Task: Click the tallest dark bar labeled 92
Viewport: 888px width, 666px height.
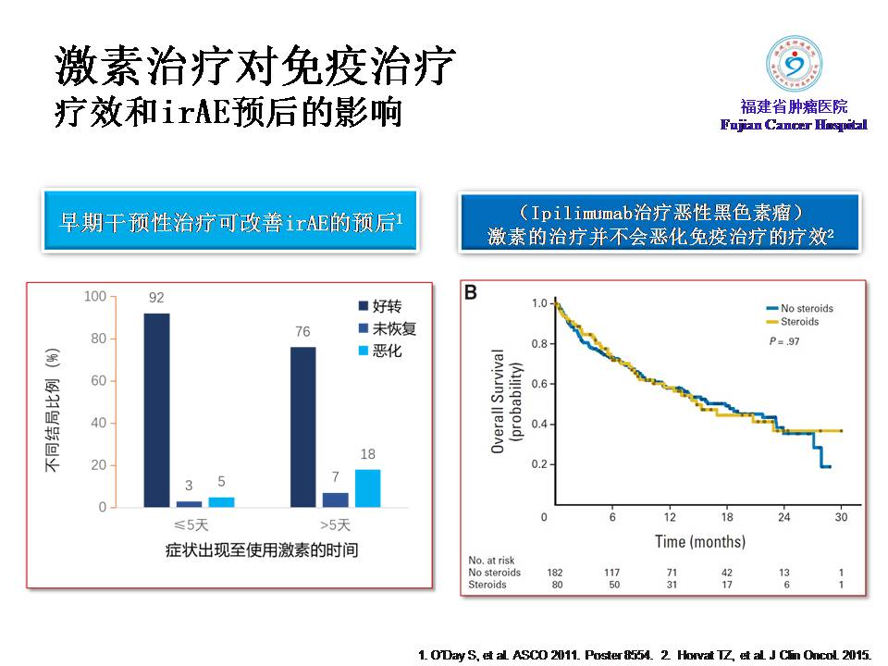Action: coord(156,410)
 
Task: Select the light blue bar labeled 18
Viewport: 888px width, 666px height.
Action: coord(367,488)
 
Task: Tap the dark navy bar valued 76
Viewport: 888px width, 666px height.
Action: coord(302,426)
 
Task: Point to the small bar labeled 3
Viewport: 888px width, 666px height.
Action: coord(189,504)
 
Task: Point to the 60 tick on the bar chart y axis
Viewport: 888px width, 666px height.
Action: coord(97,381)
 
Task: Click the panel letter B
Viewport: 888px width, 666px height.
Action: coord(471,293)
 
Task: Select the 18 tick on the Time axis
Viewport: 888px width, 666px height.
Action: coord(727,517)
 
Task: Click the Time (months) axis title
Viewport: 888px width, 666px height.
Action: coord(699,541)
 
